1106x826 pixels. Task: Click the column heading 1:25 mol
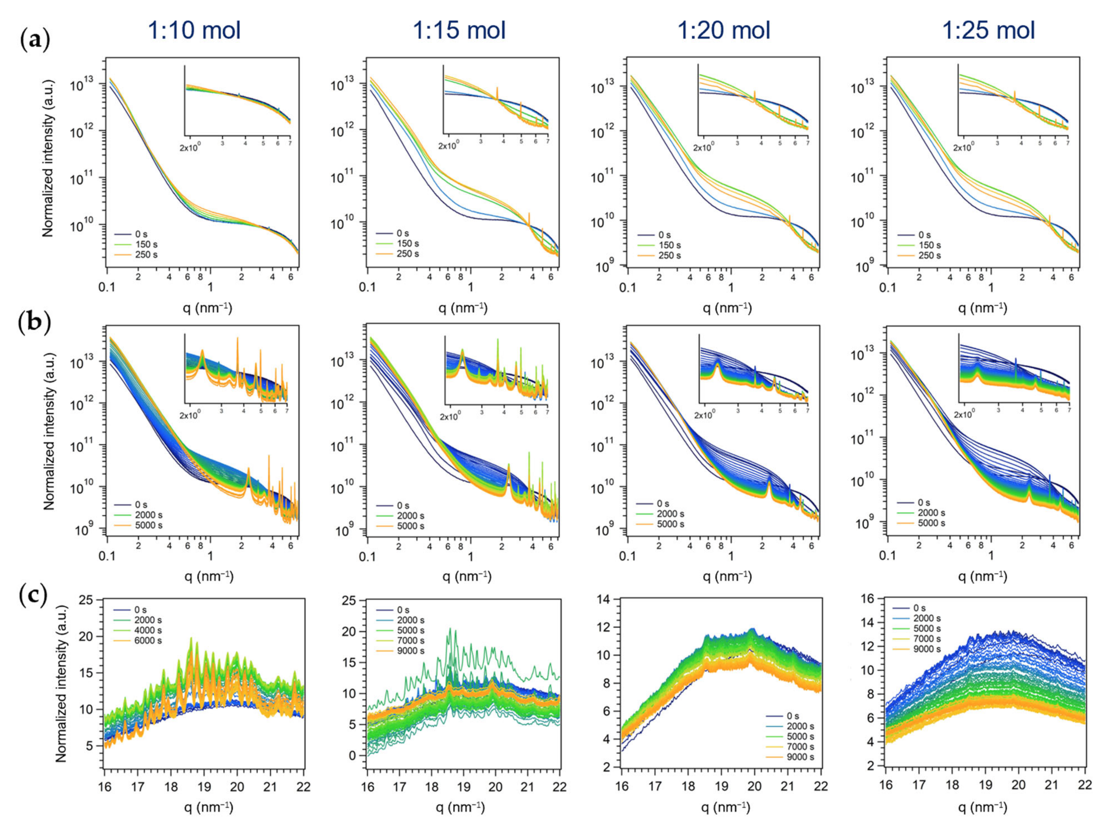click(x=989, y=31)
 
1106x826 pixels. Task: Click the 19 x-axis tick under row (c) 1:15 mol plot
click(x=463, y=787)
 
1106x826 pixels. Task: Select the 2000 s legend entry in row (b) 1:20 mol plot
click(x=670, y=514)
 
